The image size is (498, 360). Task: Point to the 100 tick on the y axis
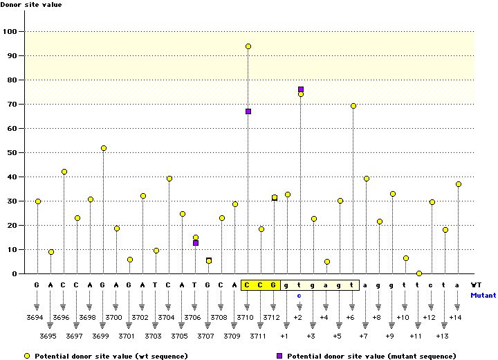(x=11, y=32)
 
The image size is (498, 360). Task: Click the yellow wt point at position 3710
(x=248, y=46)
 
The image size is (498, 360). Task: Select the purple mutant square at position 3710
(x=248, y=111)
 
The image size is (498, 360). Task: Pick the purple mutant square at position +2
(x=301, y=89)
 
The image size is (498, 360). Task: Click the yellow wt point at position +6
(x=353, y=106)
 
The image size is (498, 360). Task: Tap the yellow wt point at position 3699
(x=104, y=148)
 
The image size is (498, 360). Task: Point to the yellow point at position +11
(x=419, y=273)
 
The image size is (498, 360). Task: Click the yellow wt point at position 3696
(x=64, y=172)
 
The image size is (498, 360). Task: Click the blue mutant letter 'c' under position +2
(x=299, y=295)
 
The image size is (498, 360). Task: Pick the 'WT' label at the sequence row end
(x=476, y=285)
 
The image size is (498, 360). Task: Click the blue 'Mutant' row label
(x=483, y=295)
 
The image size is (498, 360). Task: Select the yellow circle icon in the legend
(x=27, y=355)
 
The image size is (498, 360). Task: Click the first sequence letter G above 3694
(x=37, y=285)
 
